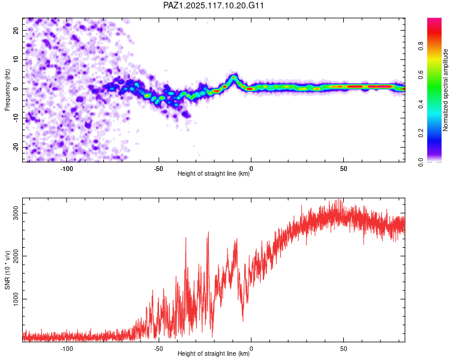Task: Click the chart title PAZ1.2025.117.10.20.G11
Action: (213, 5)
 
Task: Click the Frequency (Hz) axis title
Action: (7, 90)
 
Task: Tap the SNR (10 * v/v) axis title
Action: (7, 270)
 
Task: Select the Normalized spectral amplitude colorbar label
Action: (445, 90)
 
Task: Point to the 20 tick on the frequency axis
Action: (16, 30)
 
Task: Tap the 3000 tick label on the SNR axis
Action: (16, 213)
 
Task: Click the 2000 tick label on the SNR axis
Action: (16, 256)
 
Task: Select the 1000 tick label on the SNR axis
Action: (16, 299)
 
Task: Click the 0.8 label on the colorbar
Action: (421, 46)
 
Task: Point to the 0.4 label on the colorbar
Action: (421, 104)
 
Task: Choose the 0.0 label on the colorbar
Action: (421, 162)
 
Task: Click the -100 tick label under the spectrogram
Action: (67, 169)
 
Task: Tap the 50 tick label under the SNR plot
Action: (344, 349)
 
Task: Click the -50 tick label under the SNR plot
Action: (159, 349)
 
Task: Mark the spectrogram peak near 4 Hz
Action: (234, 77)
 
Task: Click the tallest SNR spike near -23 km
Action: (208, 232)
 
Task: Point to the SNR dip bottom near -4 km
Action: (243, 320)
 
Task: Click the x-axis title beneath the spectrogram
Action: (214, 173)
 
